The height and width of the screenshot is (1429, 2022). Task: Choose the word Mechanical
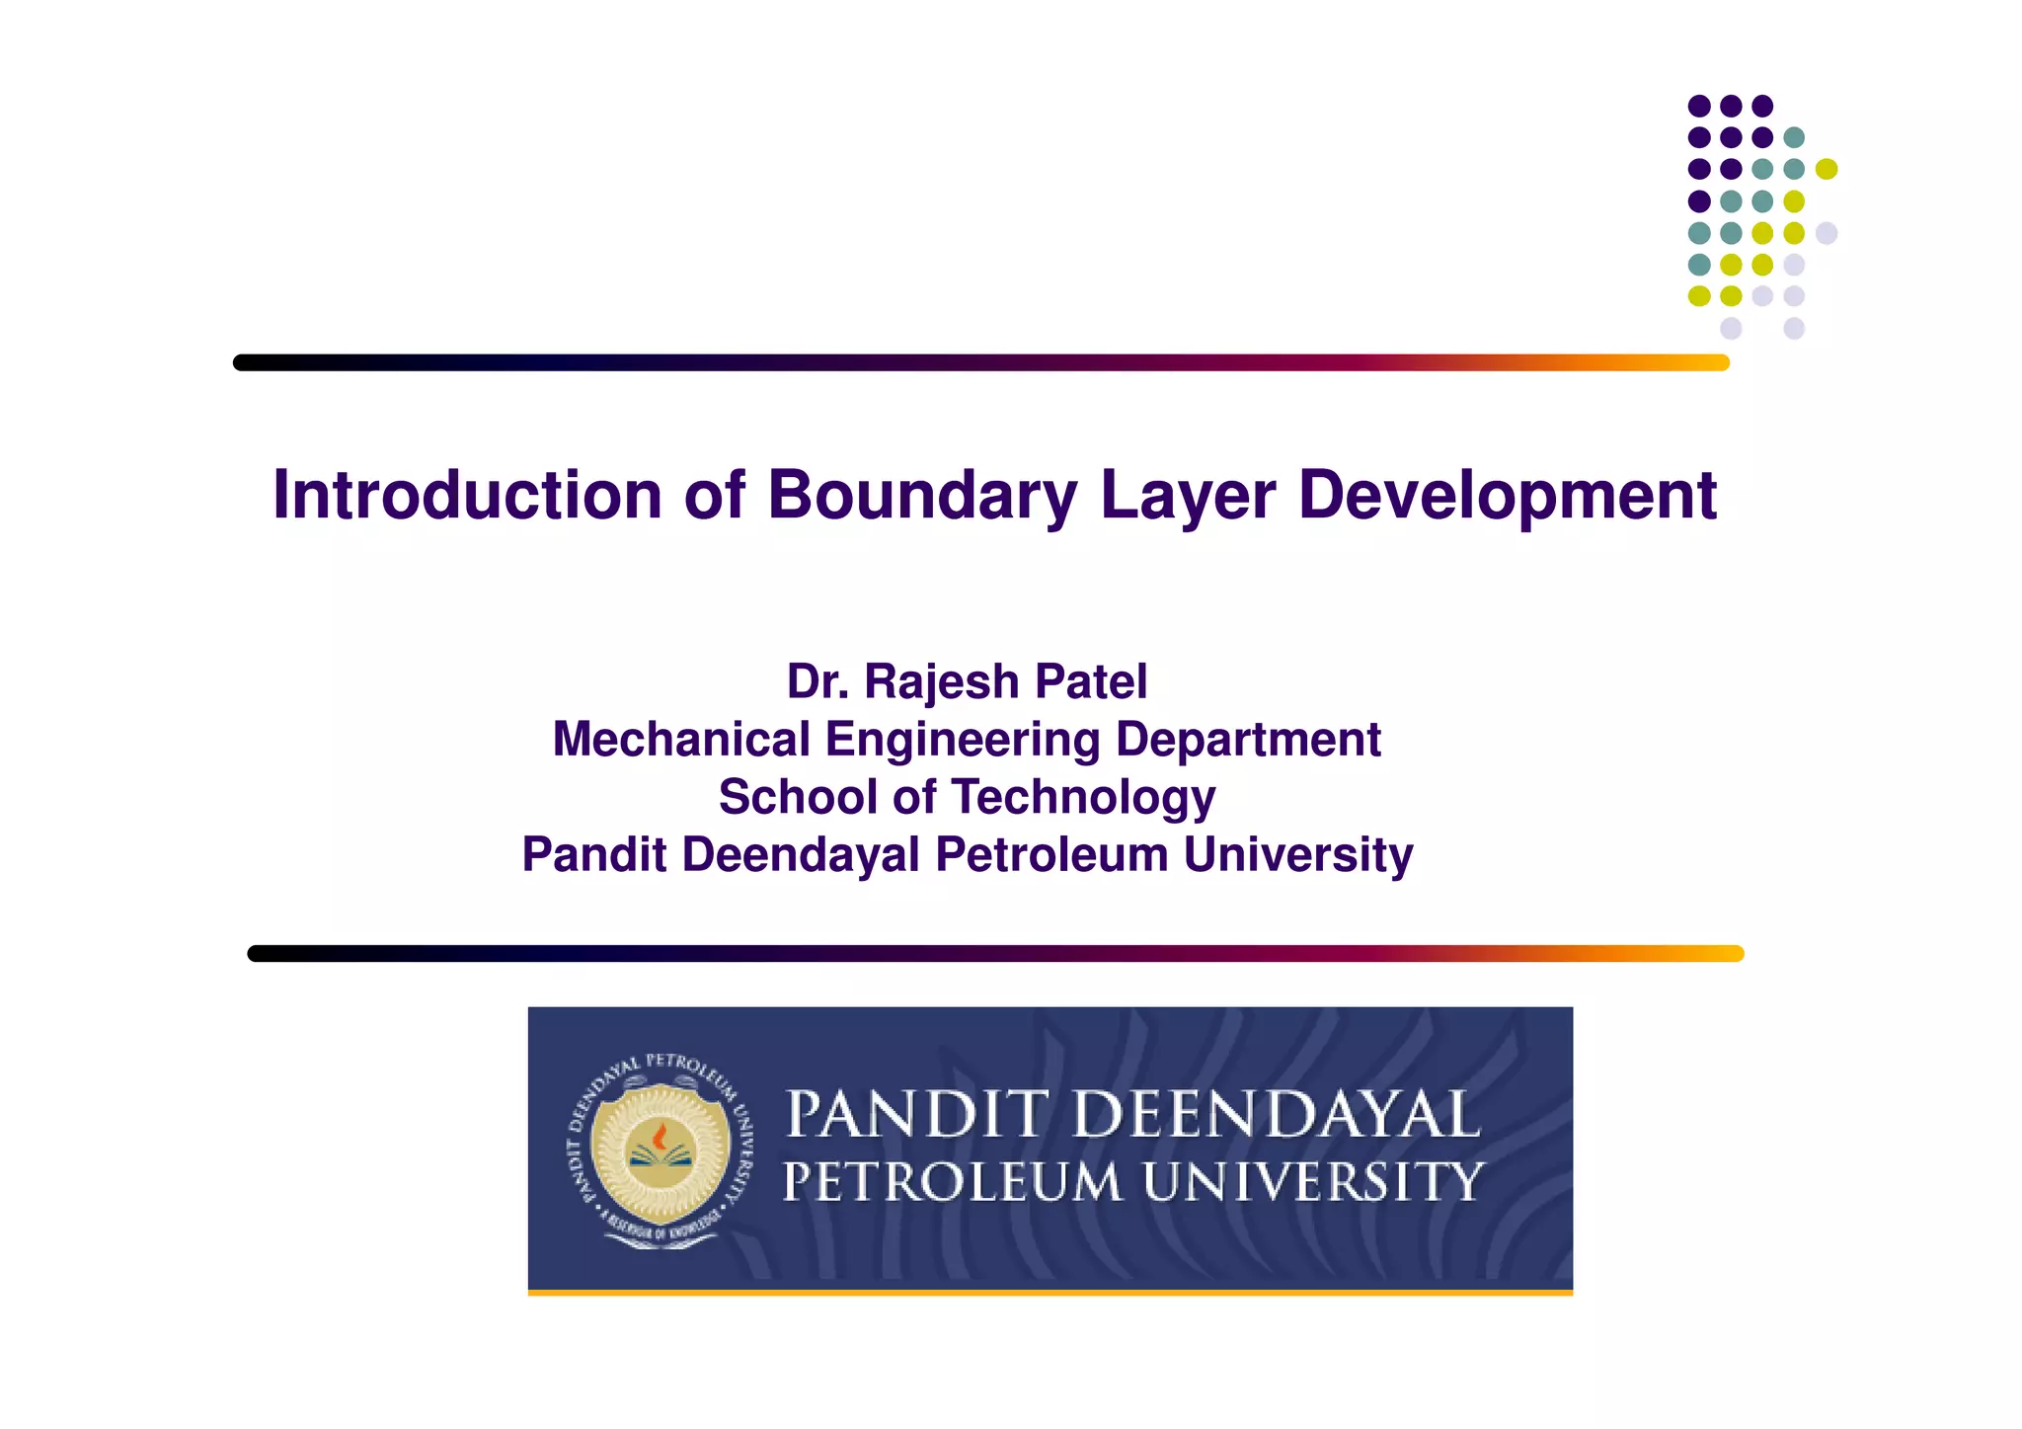click(682, 740)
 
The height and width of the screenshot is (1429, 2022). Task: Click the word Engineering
click(963, 740)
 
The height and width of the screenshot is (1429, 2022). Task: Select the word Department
click(1248, 740)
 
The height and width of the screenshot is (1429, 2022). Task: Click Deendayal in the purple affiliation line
click(801, 854)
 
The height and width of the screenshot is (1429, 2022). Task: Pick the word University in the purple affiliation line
click(1298, 854)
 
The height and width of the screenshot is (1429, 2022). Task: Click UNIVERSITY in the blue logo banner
click(1312, 1181)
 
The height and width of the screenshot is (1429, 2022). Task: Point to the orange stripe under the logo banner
click(1050, 1292)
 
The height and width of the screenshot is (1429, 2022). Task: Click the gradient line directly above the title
click(980, 362)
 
